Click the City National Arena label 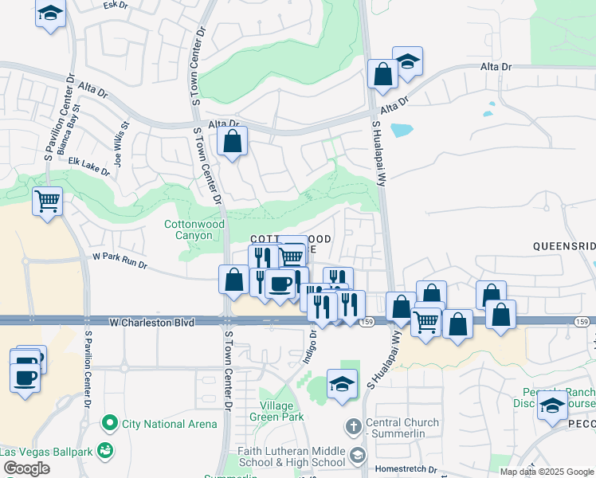click(x=168, y=423)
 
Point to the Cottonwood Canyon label click(x=194, y=230)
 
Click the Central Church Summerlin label click(x=402, y=428)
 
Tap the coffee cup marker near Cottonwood click(x=279, y=284)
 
